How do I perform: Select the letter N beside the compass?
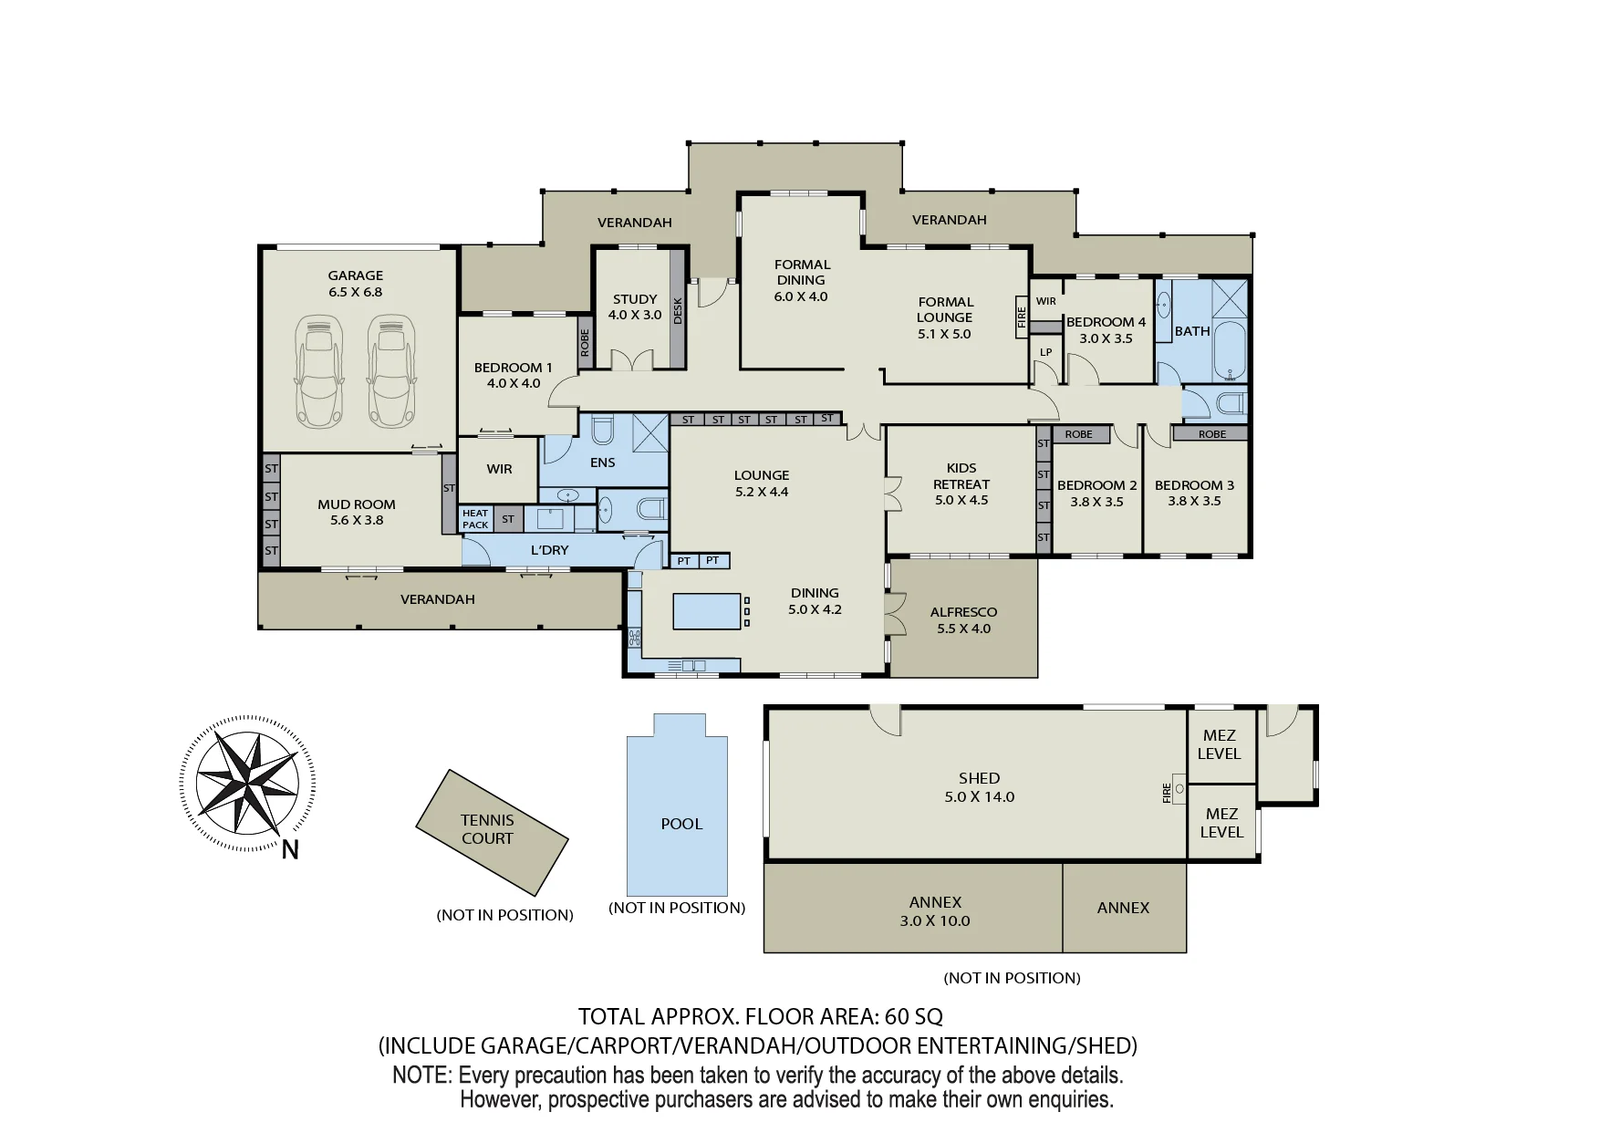[290, 850]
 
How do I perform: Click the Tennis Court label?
[487, 829]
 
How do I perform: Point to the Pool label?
[681, 824]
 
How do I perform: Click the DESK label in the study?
[678, 310]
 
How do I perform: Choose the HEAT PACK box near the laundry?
[475, 519]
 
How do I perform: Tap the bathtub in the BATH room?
[1230, 351]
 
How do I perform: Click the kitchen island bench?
[707, 611]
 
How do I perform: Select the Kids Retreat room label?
[961, 483]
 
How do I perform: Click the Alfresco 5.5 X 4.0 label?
[963, 620]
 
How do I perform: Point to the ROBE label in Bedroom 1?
[585, 343]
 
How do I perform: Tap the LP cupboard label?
[1046, 352]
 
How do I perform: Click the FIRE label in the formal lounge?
[1022, 317]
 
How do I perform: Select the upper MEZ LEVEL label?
[1220, 744]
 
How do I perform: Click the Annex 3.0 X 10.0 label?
[935, 911]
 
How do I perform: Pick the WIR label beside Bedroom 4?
[1046, 301]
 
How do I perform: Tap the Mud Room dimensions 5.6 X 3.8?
[357, 520]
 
